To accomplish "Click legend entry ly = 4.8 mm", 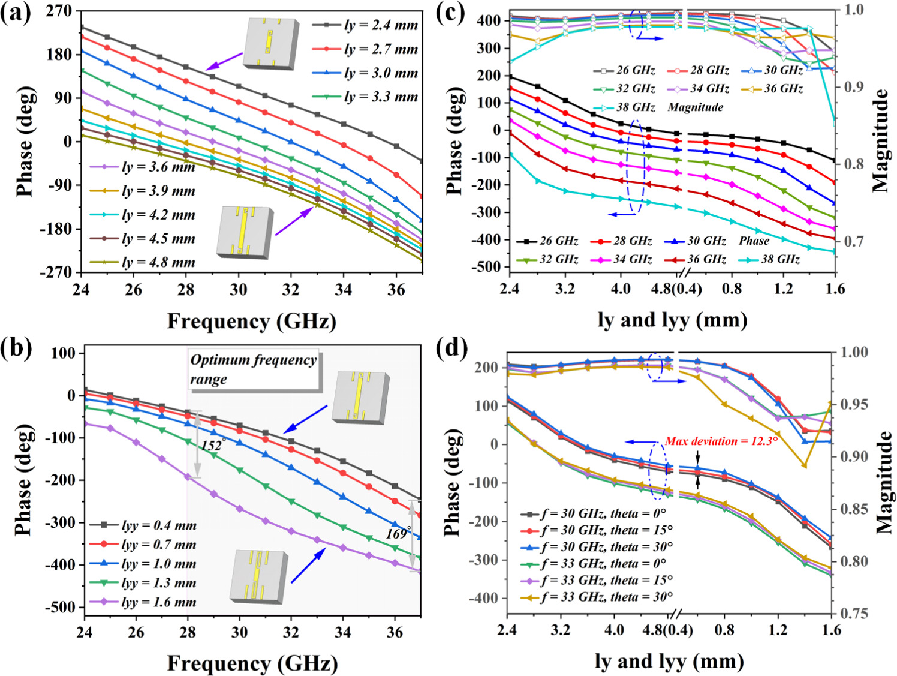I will [x=158, y=263].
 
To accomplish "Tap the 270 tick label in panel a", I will [x=59, y=11].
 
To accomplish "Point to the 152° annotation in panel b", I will [x=213, y=446].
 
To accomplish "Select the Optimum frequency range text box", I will [x=253, y=369].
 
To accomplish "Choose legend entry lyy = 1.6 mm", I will [x=158, y=602].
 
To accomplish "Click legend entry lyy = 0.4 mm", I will [x=158, y=525].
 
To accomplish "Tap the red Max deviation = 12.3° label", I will [x=721, y=441].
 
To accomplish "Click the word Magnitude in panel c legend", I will [x=695, y=107].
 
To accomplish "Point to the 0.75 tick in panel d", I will [x=850, y=614].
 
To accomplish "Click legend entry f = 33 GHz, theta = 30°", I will [x=606, y=597].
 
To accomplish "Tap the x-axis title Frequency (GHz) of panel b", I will [x=252, y=663].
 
